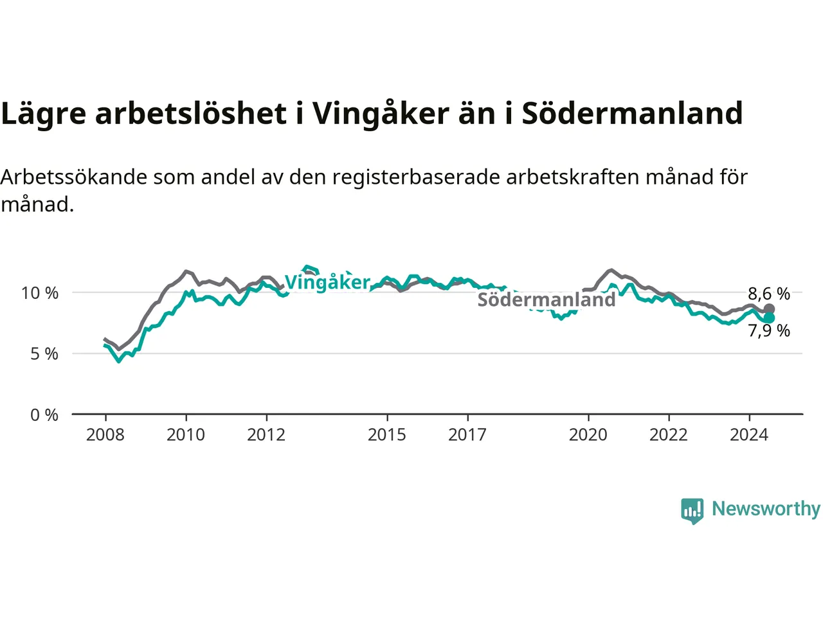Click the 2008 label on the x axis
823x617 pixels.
(x=105, y=435)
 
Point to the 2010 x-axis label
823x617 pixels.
(x=186, y=435)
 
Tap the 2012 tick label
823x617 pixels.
(x=266, y=435)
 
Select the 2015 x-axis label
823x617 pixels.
(x=387, y=435)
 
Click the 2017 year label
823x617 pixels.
(x=467, y=435)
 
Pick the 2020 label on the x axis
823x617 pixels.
(x=588, y=435)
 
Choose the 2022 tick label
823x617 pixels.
(x=669, y=435)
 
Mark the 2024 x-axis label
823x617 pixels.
(x=749, y=435)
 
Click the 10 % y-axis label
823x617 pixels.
(x=40, y=293)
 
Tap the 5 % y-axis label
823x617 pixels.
(x=44, y=354)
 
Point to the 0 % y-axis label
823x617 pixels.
(x=44, y=415)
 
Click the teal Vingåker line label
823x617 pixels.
(x=327, y=282)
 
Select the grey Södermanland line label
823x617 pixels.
(x=547, y=300)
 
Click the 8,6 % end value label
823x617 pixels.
(x=769, y=294)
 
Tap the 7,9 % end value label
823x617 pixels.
(x=769, y=331)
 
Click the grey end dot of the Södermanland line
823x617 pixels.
(x=768, y=309)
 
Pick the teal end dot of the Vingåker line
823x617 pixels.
(x=768, y=318)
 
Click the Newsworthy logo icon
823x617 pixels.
(x=692, y=511)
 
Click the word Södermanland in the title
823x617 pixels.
(x=632, y=113)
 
